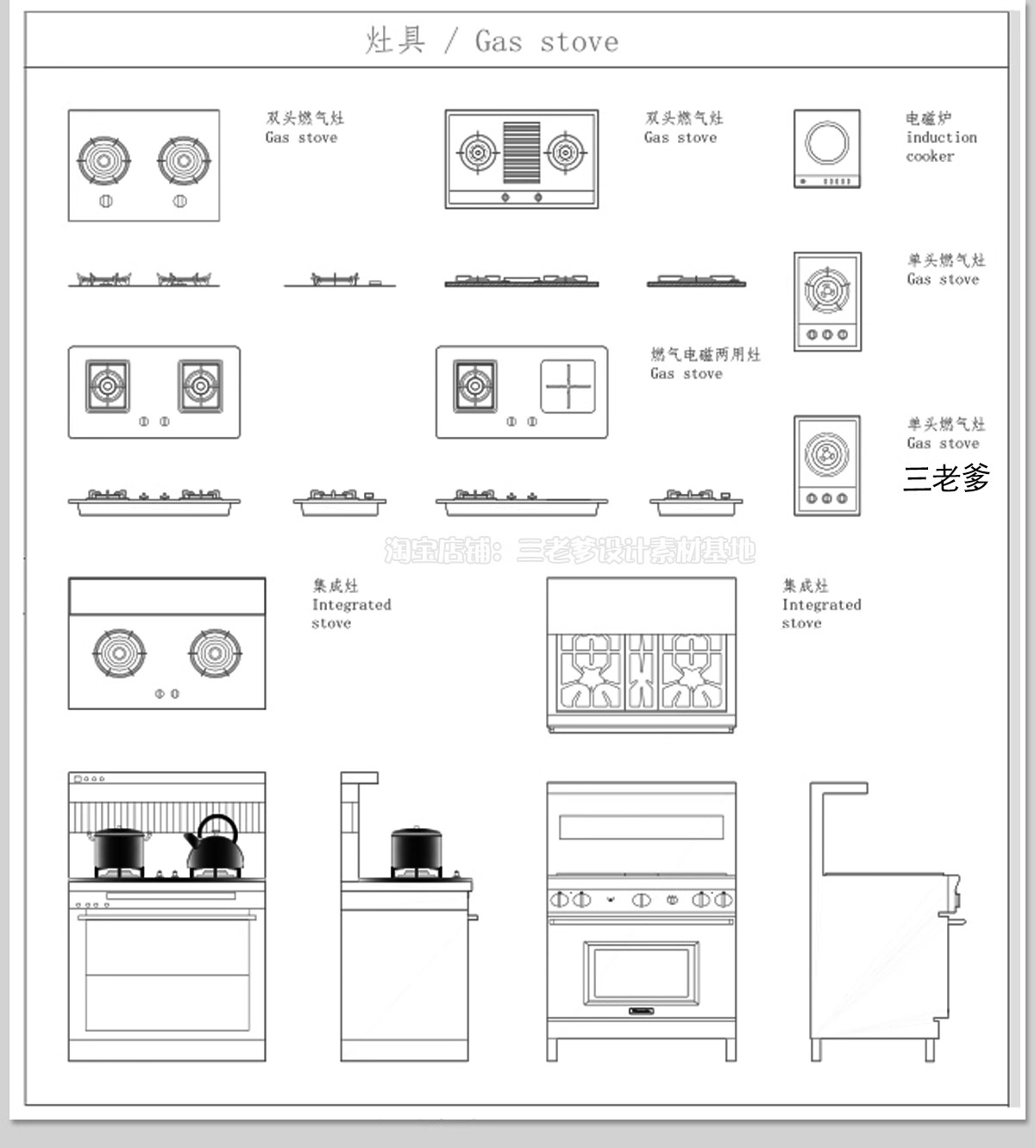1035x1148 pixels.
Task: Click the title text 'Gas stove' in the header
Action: [546, 41]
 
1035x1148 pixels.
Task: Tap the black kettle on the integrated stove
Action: [214, 844]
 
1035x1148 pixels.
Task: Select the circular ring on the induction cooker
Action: [826, 143]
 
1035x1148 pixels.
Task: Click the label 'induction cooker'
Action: [941, 147]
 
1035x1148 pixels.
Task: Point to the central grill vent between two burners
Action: [521, 153]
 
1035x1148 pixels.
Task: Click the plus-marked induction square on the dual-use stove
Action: [568, 386]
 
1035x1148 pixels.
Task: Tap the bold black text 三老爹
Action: [946, 477]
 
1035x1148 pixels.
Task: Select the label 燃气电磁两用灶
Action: [706, 354]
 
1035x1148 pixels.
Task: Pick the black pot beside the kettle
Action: [119, 849]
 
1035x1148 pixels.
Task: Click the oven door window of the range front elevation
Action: [641, 972]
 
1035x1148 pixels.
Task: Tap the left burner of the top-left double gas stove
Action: [104, 159]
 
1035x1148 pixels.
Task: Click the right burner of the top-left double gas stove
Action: [184, 159]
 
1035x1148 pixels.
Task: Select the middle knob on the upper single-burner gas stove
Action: [827, 334]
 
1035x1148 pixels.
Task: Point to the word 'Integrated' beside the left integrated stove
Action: [351, 604]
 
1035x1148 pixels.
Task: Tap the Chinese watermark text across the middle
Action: [569, 550]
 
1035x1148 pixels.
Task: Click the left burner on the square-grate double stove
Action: [108, 386]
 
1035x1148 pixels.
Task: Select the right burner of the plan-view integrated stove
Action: [215, 652]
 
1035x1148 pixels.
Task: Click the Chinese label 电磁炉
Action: [928, 118]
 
